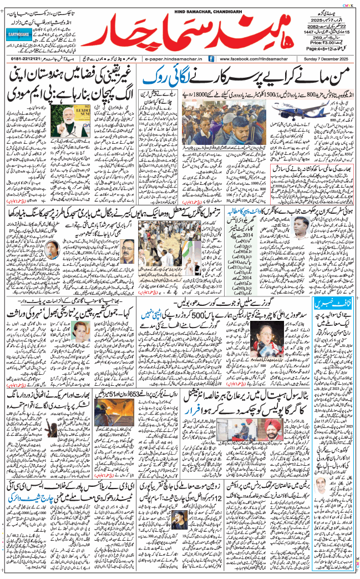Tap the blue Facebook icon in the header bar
pyautogui.click(x=212, y=58)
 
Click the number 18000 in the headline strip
pyautogui.click(x=207, y=95)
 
